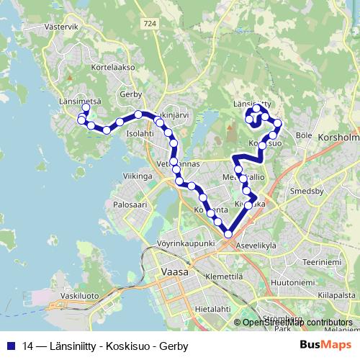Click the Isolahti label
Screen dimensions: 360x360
[x=140, y=133]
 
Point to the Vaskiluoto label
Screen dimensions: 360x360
[x=80, y=296]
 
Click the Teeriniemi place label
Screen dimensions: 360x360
[x=322, y=262]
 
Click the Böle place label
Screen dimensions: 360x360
[x=303, y=135]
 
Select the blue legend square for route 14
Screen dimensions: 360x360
[x=11, y=346]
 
